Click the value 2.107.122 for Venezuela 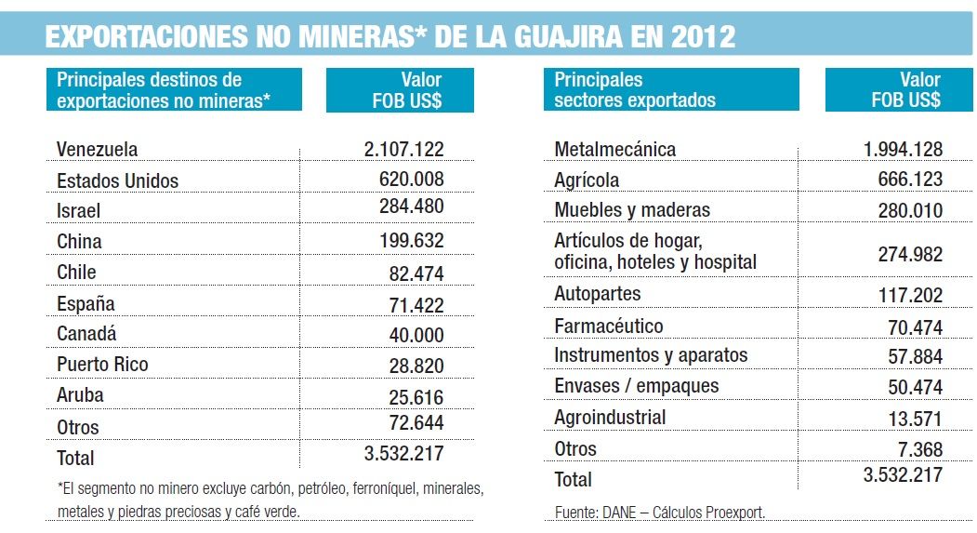pyautogui.click(x=404, y=149)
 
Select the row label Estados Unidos pyautogui.click(x=117, y=180)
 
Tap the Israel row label pyautogui.click(x=78, y=211)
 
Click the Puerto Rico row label pyautogui.click(x=102, y=364)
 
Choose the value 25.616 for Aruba pyautogui.click(x=416, y=396)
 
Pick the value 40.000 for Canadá pyautogui.click(x=416, y=334)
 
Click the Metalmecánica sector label pyautogui.click(x=614, y=149)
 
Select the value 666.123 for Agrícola pyautogui.click(x=904, y=179)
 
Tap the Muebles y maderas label pyautogui.click(x=632, y=209)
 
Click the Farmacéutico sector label pyautogui.click(x=608, y=326)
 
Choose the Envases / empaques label pyautogui.click(x=636, y=386)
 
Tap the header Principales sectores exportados pyautogui.click(x=635, y=90)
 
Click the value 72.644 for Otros pyautogui.click(x=416, y=424)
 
